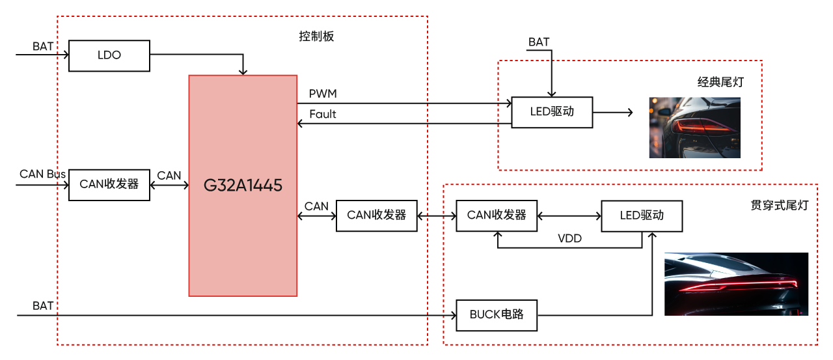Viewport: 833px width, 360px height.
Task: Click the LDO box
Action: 109,55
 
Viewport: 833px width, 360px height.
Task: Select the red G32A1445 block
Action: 243,186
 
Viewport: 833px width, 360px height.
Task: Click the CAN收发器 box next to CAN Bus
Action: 109,184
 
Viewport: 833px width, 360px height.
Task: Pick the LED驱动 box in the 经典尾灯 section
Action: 552,112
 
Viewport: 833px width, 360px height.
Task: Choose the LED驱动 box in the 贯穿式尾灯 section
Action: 642,215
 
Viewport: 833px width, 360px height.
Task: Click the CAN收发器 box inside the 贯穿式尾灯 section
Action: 497,215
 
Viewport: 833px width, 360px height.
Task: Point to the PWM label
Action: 323,94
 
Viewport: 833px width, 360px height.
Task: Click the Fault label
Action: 323,115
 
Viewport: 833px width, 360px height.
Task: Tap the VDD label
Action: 569,239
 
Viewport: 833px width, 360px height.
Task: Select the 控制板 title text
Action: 316,36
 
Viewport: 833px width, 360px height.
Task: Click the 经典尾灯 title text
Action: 720,83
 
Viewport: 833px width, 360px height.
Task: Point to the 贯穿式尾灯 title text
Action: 779,206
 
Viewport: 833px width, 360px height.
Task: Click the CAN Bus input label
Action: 42,174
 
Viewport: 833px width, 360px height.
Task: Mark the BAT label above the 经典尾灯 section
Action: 539,42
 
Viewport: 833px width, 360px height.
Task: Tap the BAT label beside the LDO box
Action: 43,47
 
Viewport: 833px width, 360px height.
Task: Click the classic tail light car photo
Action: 694,128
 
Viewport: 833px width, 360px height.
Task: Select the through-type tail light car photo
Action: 736,284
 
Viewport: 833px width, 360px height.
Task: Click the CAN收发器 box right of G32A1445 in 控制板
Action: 376,215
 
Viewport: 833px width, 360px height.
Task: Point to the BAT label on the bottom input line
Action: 43,306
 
